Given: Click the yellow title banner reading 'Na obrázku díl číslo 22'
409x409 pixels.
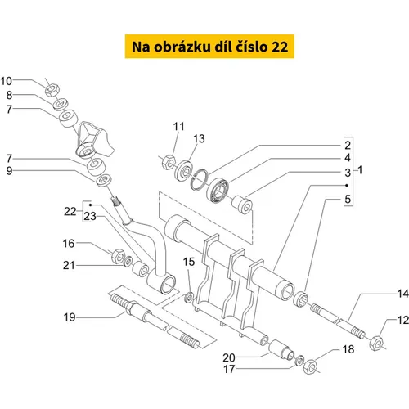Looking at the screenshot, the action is point(209,47).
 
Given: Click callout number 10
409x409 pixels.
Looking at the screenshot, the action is point(7,81).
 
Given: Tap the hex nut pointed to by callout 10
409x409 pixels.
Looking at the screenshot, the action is point(52,90).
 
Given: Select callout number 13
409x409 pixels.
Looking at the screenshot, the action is point(199,139).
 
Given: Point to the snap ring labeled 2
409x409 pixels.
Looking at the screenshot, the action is point(199,180).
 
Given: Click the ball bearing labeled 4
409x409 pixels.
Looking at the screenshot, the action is point(218,190).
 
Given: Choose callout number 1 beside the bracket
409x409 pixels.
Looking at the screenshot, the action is point(360,170).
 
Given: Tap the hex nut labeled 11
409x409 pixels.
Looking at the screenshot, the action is point(169,163).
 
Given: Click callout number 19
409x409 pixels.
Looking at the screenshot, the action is point(70,317).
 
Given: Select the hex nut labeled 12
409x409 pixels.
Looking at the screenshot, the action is point(376,344).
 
